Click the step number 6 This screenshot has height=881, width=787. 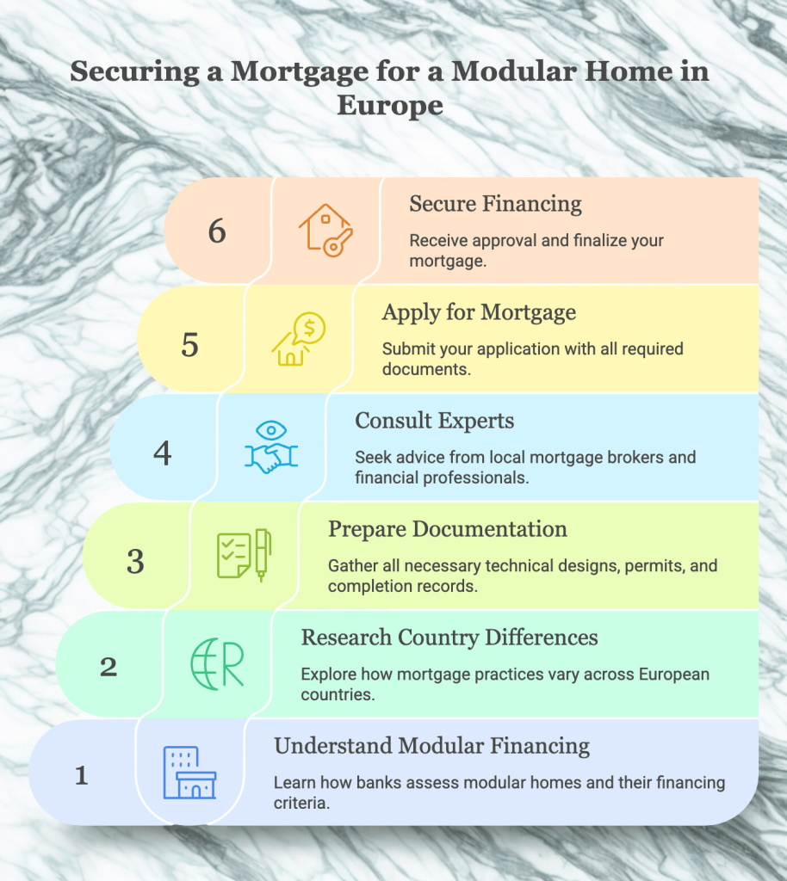pyautogui.click(x=217, y=231)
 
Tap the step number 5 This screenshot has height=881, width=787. pyautogui.click(x=190, y=343)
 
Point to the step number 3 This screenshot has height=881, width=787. pyautogui.click(x=135, y=561)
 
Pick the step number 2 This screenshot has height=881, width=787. pyautogui.click(x=108, y=667)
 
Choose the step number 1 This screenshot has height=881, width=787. pyautogui.click(x=82, y=776)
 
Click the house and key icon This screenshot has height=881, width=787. pyautogui.click(x=325, y=229)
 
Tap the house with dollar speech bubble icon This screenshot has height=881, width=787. pyautogui.click(x=298, y=339)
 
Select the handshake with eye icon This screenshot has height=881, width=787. pyautogui.click(x=271, y=448)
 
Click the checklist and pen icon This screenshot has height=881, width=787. pyautogui.click(x=244, y=556)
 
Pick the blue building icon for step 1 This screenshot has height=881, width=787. pyautogui.click(x=189, y=773)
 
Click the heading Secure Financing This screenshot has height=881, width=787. pyautogui.click(x=495, y=204)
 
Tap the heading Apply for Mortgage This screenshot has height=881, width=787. pyautogui.click(x=479, y=311)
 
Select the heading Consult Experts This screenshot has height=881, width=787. pyautogui.click(x=435, y=421)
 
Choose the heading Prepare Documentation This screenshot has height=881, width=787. pyautogui.click(x=448, y=528)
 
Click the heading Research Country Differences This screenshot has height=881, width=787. pyautogui.click(x=449, y=638)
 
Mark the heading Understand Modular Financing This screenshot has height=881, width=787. pyautogui.click(x=431, y=745)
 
